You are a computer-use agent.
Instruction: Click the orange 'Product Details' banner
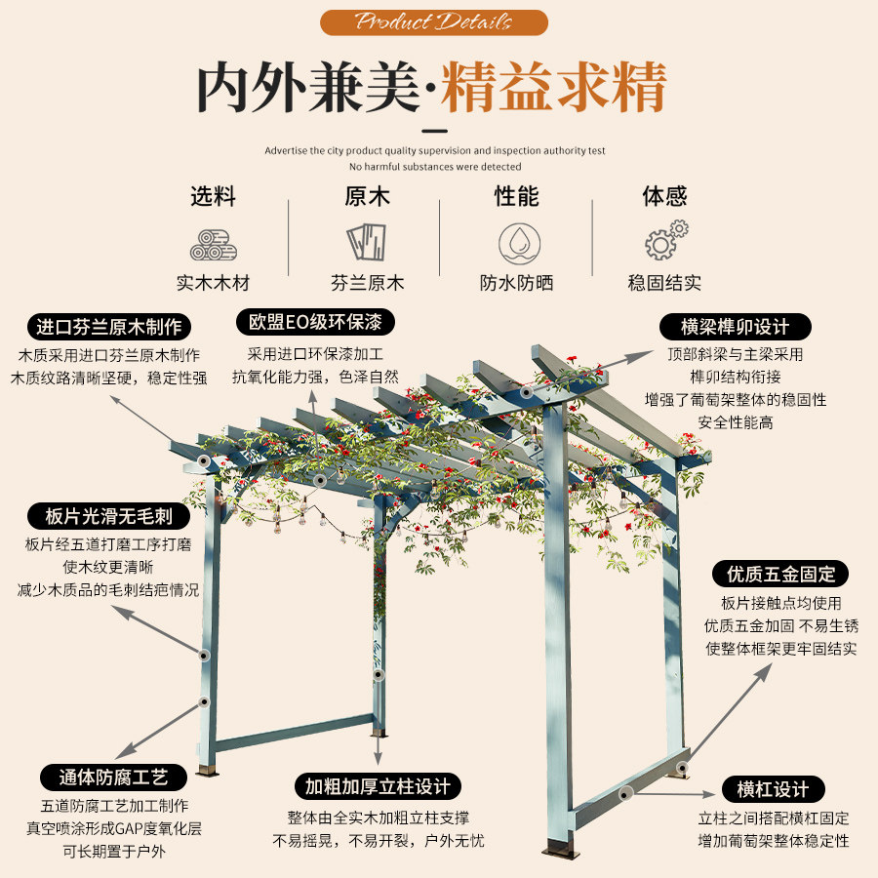point(434,22)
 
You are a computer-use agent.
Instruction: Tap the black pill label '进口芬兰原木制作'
point(109,327)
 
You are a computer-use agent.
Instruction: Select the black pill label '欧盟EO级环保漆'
point(314,322)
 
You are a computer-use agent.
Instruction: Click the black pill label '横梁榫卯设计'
point(736,326)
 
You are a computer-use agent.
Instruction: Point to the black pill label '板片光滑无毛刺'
point(108,516)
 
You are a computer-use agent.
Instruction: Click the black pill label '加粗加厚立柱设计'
point(378,786)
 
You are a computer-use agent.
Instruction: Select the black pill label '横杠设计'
point(773,789)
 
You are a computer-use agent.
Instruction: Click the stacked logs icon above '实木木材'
point(213,244)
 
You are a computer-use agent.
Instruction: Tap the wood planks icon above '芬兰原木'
point(367,242)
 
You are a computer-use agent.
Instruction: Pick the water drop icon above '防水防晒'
point(516,242)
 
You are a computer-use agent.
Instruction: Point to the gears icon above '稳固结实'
point(665,240)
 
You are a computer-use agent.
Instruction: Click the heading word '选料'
point(213,197)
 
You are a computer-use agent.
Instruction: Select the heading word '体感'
point(664,197)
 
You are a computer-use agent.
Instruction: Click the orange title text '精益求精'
point(553,88)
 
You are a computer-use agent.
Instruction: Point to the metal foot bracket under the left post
point(207,772)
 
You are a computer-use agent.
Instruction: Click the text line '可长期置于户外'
point(114,851)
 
